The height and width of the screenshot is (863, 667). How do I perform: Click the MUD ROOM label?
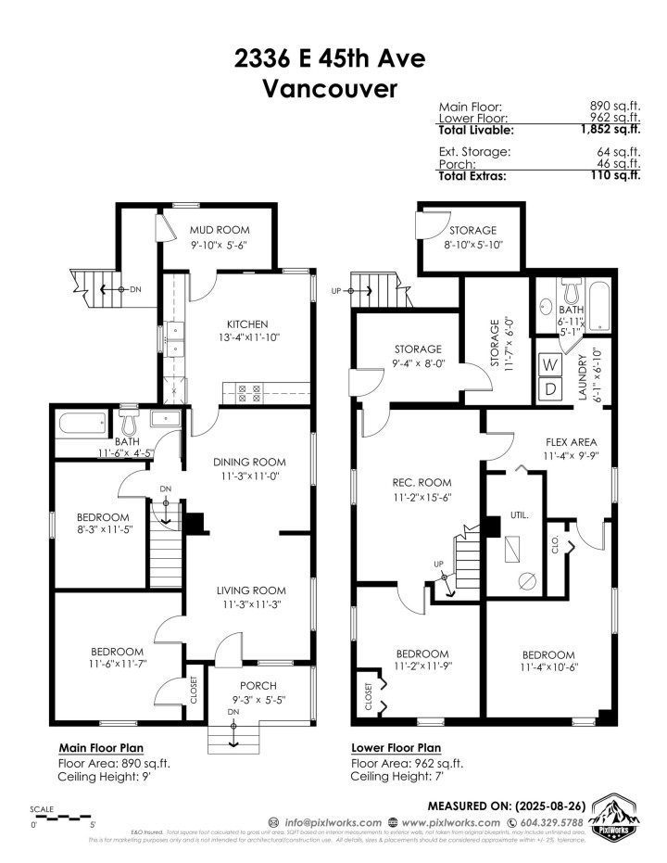point(220,230)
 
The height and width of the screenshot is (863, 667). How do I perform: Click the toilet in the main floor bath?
point(129,425)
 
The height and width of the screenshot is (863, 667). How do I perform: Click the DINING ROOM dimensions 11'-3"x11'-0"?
point(248,476)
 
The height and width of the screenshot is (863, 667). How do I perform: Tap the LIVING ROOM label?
point(250,590)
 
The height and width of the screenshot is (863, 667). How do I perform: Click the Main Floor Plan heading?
point(101,747)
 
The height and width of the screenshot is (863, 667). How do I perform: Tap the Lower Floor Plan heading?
point(396,747)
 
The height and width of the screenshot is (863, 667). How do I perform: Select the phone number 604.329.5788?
point(546,822)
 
